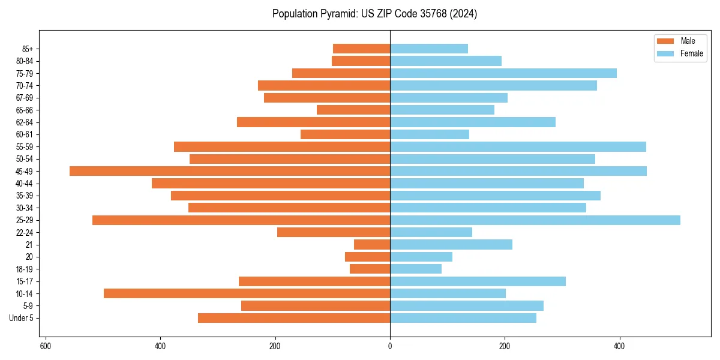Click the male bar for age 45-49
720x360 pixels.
click(x=230, y=171)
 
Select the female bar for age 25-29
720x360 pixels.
click(x=535, y=220)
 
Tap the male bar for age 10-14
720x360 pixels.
click(x=247, y=293)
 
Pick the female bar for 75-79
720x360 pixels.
click(x=503, y=73)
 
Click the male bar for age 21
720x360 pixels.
click(x=372, y=245)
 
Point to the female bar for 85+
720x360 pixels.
click(x=429, y=49)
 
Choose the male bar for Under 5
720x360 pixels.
click(x=294, y=318)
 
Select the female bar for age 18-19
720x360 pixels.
click(x=416, y=269)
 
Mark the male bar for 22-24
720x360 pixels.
click(x=334, y=232)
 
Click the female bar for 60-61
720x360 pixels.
click(x=430, y=134)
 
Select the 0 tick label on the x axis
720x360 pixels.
click(x=390, y=346)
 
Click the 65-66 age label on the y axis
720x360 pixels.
click(x=25, y=110)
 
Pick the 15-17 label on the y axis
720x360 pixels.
click(x=25, y=281)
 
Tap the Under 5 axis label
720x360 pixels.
click(x=21, y=318)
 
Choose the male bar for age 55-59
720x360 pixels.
click(x=282, y=146)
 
